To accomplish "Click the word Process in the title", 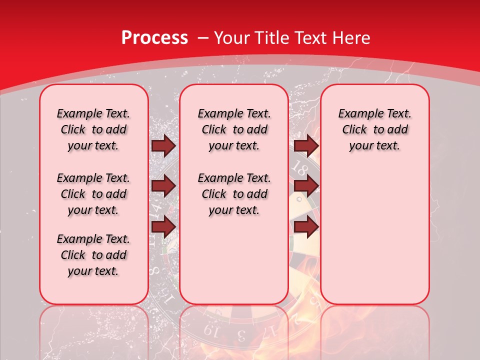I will pos(154,38).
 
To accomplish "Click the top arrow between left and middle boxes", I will pos(163,146).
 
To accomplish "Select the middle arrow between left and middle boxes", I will pos(163,186).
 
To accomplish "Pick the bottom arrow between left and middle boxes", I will pos(163,227).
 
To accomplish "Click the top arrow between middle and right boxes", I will pos(306,146).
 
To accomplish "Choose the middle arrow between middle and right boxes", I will pos(306,186).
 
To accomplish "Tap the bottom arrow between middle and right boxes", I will pos(306,227).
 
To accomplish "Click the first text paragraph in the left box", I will pos(93,129).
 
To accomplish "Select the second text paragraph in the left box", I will pos(93,194).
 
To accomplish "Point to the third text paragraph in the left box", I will pos(93,255).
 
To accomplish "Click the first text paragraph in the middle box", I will pos(234,129).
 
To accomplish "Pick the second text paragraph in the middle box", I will pos(234,194).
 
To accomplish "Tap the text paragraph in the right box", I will pos(374,129).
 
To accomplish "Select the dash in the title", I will pos(203,38).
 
